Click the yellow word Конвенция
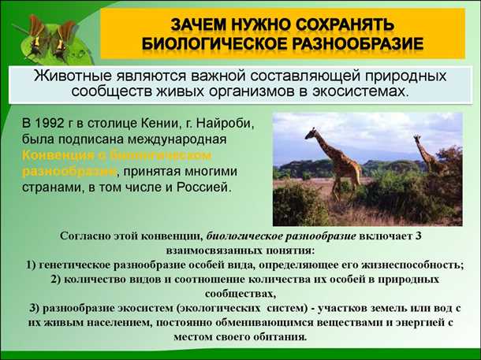55,154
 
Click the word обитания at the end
279,336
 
